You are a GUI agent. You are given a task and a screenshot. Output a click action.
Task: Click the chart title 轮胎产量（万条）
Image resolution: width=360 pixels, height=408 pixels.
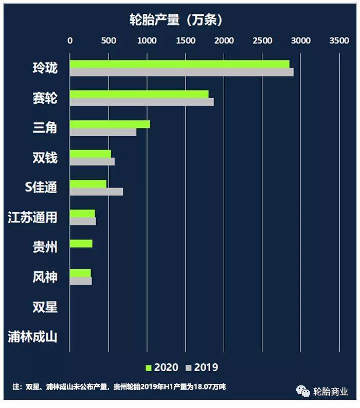176,20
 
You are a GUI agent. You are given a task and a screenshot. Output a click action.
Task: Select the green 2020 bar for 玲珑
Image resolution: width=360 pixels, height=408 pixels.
179,64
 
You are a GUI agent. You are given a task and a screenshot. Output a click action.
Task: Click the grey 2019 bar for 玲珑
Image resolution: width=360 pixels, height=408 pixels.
182,72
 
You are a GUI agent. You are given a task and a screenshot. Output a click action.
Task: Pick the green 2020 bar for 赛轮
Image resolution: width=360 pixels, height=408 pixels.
139,94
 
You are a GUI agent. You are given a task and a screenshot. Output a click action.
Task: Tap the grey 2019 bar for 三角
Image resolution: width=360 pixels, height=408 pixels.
103,132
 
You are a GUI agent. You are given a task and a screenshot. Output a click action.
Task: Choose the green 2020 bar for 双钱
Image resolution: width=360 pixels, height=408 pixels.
91,154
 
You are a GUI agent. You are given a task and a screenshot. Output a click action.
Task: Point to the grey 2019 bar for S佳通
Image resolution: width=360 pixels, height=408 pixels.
96,192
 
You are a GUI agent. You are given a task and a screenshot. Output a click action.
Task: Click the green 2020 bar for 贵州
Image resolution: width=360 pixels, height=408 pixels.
81,244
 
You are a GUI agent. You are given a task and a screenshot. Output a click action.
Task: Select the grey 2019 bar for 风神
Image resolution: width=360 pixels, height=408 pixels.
81,281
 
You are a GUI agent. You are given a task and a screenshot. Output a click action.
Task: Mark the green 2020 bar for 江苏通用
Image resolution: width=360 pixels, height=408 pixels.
82,214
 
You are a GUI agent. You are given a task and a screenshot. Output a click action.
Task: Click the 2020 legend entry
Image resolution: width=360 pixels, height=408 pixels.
162,367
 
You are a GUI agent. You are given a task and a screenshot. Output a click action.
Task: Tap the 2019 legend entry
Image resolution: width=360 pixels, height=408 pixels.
202,367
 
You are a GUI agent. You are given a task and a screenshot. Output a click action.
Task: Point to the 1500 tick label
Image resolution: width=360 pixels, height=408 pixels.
186,41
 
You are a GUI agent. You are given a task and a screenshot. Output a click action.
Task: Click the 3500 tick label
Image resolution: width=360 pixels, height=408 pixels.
339,41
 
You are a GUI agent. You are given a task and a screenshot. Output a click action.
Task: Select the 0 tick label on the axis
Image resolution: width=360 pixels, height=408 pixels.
70,41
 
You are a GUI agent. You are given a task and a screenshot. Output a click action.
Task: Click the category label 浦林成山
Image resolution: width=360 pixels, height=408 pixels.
32,337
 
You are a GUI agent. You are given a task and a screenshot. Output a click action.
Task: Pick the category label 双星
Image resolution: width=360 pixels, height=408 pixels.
45,307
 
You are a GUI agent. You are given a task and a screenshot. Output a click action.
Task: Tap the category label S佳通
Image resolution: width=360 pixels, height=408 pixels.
41,187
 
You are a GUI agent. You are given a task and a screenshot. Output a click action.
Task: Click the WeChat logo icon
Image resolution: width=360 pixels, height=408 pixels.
303,392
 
